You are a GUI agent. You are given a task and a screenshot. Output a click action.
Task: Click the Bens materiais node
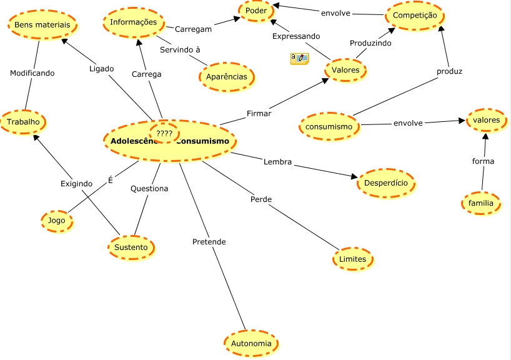[42, 24]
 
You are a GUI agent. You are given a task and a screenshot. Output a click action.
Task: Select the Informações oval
[133, 22]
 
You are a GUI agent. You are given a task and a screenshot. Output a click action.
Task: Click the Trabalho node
[24, 121]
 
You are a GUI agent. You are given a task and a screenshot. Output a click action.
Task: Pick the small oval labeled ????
[164, 133]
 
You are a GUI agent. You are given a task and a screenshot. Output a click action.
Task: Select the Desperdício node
[386, 184]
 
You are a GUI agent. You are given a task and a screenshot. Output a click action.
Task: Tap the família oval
[481, 203]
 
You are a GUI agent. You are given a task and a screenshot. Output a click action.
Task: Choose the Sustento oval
[131, 247]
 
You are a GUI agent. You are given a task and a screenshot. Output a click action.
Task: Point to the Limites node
[353, 259]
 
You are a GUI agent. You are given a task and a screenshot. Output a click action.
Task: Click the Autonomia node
[251, 344]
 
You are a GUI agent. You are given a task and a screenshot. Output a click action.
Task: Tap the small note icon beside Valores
[299, 59]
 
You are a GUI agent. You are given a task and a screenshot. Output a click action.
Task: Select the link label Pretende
[209, 241]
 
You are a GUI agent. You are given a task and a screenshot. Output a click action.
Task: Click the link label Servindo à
[180, 49]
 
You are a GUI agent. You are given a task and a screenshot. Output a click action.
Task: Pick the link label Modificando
[32, 73]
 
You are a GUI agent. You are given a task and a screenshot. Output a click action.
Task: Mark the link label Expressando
[296, 36]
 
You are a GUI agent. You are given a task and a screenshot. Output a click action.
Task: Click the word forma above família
[483, 161]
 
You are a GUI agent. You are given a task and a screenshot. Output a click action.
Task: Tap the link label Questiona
[149, 188]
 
